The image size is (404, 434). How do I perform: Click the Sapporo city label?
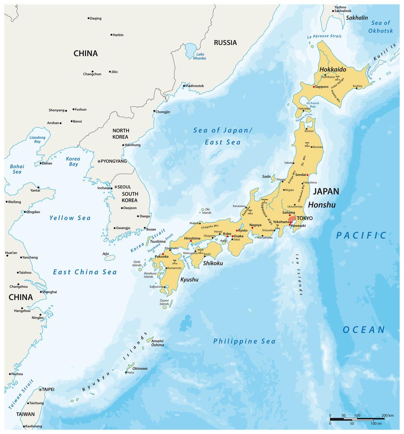click(x=322, y=87)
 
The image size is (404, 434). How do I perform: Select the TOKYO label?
click(x=304, y=218)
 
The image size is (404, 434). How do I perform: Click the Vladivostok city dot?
click(x=184, y=86)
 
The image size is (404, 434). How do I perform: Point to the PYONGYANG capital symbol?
click(x=99, y=161)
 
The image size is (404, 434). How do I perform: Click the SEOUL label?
click(x=124, y=187)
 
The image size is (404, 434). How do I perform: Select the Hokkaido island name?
click(x=333, y=70)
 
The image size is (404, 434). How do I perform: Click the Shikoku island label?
click(x=213, y=263)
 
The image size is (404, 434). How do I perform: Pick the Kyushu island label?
click(x=189, y=279)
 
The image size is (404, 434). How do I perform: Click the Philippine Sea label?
click(x=244, y=341)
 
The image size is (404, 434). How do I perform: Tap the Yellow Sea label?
click(x=70, y=218)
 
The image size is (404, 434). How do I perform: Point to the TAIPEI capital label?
click(x=48, y=389)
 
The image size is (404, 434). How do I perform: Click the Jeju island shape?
click(x=110, y=258)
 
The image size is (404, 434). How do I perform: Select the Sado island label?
click(x=266, y=176)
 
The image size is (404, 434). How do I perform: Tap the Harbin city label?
click(x=118, y=35)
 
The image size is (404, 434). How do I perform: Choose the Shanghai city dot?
click(x=41, y=292)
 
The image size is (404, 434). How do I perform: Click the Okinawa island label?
click(x=140, y=369)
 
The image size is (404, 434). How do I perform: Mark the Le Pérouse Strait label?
click(x=324, y=36)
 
